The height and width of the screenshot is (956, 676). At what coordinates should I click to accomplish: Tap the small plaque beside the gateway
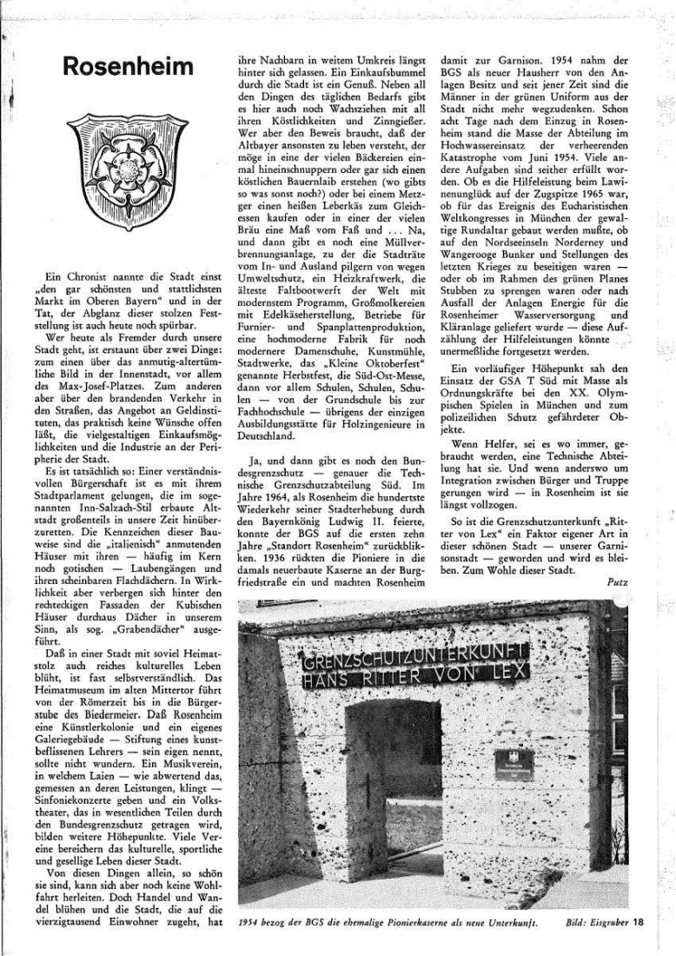[514, 764]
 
